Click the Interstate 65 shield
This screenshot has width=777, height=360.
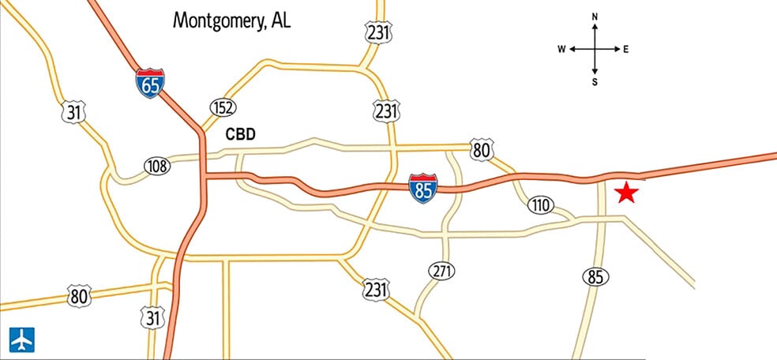[150, 83]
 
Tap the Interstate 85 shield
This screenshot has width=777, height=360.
[423, 189]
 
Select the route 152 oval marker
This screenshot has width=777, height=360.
[223, 107]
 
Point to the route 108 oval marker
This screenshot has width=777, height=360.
[157, 165]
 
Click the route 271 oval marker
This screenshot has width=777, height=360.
[442, 272]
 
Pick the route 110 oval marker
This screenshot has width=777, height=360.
[540, 206]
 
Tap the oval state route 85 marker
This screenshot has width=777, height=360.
[595, 276]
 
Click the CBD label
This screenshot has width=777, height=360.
[241, 134]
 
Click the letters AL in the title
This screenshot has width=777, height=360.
[280, 20]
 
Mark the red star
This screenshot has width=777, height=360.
[625, 192]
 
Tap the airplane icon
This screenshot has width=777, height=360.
[21, 338]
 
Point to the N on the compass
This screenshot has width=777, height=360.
[595, 17]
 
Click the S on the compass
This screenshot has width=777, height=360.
[595, 81]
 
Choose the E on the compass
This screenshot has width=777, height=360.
[626, 49]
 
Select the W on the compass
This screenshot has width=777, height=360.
[561, 49]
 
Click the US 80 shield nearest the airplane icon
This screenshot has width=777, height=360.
[79, 296]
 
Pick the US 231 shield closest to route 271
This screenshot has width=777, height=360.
[376, 289]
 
